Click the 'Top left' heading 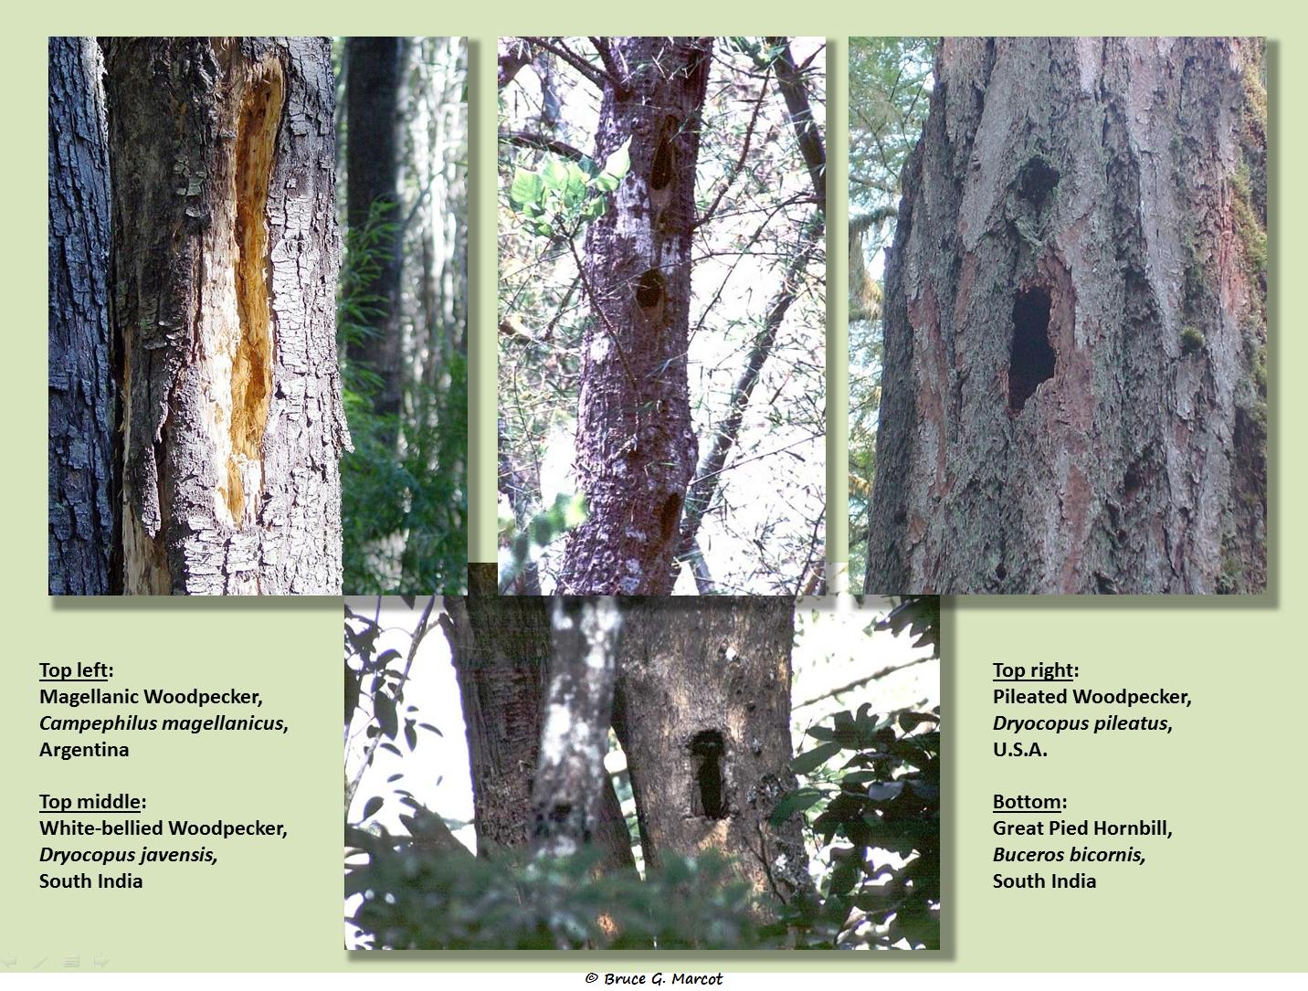tap(74, 669)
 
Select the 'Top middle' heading tap(90, 802)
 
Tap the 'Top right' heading tap(1033, 669)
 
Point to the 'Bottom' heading tap(1027, 802)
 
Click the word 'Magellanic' tap(89, 697)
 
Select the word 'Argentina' tap(84, 749)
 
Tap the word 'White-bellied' tap(100, 828)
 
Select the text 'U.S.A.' tap(1019, 749)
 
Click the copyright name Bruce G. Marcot tap(662, 978)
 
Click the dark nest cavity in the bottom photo tap(709, 775)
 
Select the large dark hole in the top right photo tap(1030, 349)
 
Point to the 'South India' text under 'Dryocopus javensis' tap(90, 880)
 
